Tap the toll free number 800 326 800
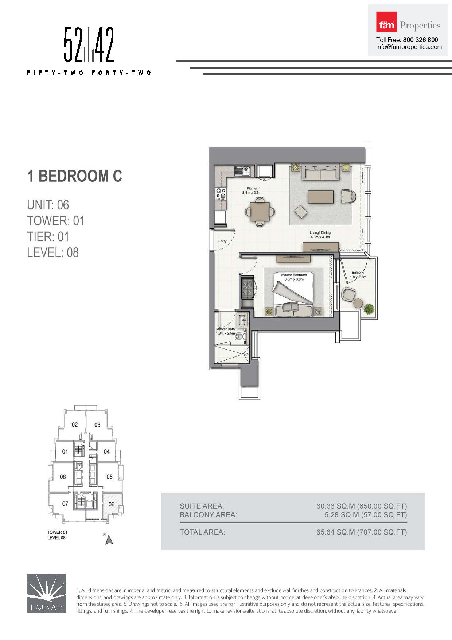(x=420, y=40)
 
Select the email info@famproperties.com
(x=409, y=47)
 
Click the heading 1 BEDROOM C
(x=75, y=176)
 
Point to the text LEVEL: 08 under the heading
(x=53, y=252)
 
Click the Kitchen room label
(x=252, y=188)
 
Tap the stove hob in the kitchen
(x=221, y=193)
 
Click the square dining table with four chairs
(x=260, y=211)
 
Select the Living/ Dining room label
(x=320, y=232)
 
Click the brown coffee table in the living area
(x=320, y=197)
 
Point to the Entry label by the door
(x=222, y=241)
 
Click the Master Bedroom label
(x=294, y=275)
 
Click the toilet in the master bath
(x=240, y=336)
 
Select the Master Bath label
(x=225, y=329)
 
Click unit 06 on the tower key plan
(x=112, y=504)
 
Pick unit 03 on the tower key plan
(x=97, y=425)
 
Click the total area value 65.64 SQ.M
(x=335, y=532)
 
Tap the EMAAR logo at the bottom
(x=47, y=593)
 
